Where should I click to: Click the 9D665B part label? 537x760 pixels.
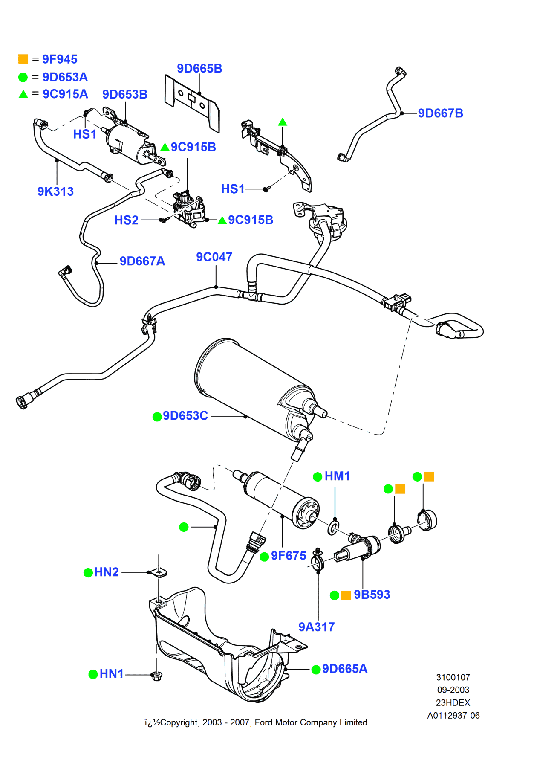(199, 69)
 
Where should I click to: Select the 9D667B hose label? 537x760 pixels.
(440, 113)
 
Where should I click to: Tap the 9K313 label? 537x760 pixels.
(55, 191)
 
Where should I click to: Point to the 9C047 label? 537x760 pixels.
(214, 257)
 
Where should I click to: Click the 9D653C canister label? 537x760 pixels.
(185, 416)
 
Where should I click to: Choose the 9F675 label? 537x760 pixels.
(289, 556)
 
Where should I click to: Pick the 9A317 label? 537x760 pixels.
(316, 627)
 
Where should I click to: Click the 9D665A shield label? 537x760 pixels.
(344, 669)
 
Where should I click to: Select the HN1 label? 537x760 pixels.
(112, 674)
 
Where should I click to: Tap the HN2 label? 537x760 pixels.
(107, 572)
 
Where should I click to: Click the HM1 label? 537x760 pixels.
(337, 476)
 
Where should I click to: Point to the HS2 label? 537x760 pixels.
(127, 220)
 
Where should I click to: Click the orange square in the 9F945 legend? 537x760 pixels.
(23, 59)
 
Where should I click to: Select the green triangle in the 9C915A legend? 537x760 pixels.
(23, 94)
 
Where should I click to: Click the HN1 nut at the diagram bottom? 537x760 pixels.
(156, 675)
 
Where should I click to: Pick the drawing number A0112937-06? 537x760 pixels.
(453, 716)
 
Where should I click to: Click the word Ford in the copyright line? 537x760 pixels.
(263, 722)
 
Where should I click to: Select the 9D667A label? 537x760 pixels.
(142, 261)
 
